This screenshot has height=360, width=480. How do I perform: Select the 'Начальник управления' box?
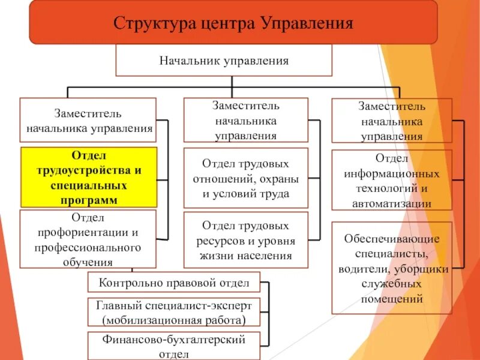coord(223,60)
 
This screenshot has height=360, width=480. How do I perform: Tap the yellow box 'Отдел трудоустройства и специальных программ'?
coord(88,177)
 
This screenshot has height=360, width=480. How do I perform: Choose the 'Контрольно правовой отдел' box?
coord(174,282)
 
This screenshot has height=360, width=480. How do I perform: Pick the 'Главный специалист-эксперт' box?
coord(174,311)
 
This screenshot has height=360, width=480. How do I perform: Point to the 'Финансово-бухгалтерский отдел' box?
coord(174,346)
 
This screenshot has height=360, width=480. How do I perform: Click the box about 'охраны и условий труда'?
coord(245,178)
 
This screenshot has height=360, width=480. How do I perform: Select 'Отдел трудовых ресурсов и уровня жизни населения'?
coord(245,241)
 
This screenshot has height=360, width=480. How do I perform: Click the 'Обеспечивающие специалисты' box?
coord(392,268)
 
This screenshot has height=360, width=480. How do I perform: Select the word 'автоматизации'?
coord(392,203)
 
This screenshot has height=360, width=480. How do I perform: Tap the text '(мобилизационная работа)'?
coord(174,319)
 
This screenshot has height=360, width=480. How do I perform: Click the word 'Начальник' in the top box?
coord(189,61)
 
